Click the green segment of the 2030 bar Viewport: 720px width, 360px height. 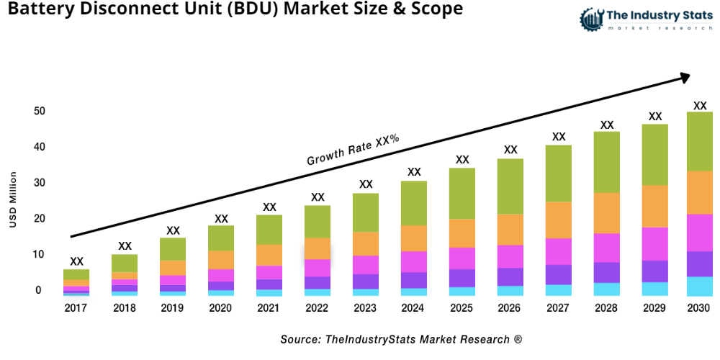pos(699,141)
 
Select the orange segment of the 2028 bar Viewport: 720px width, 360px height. pos(606,213)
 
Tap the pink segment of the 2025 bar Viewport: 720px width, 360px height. pos(462,258)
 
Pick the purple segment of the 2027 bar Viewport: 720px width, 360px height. pos(558,274)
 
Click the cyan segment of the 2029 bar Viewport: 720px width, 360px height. pos(654,289)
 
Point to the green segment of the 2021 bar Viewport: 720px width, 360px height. pos(269,230)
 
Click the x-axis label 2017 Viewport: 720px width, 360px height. pos(76,308)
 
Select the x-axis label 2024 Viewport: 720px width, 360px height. pos(413,308)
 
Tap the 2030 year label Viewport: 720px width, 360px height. pos(699,308)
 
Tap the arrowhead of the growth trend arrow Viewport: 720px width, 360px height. pos(684,76)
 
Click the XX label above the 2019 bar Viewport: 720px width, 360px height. pos(173,230)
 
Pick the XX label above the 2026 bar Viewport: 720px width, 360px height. pos(510,150)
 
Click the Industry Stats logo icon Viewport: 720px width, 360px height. pos(590,19)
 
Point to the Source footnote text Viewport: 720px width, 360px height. pos(401,339)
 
